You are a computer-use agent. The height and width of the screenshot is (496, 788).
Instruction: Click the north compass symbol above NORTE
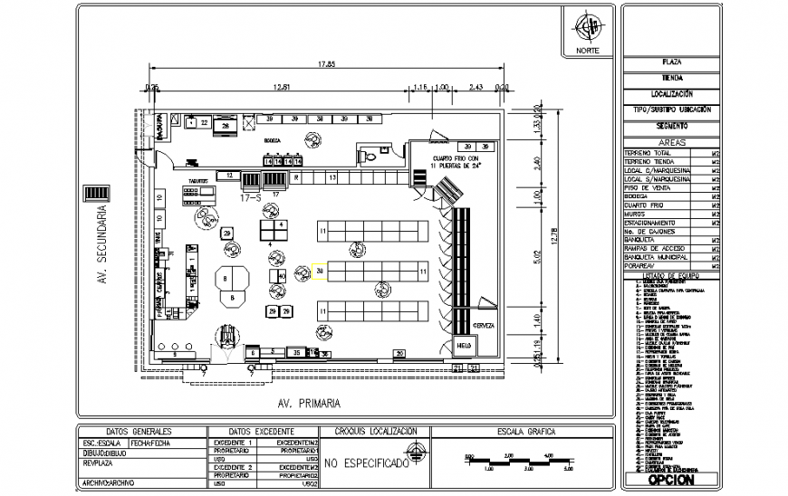(x=588, y=26)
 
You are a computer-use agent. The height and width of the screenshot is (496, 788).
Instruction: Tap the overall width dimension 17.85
(x=327, y=64)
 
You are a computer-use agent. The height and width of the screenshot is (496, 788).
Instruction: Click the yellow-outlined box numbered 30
(x=321, y=270)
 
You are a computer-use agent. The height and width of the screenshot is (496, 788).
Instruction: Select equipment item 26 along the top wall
(x=226, y=127)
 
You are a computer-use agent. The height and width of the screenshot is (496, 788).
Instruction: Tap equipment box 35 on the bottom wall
(x=295, y=351)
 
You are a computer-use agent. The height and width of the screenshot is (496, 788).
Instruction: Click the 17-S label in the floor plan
(x=251, y=195)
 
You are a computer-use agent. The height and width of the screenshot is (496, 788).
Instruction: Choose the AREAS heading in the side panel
(x=671, y=143)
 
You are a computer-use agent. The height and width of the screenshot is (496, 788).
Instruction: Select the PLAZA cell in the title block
(x=672, y=62)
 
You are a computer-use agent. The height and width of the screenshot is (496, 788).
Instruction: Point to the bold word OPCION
(x=671, y=481)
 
